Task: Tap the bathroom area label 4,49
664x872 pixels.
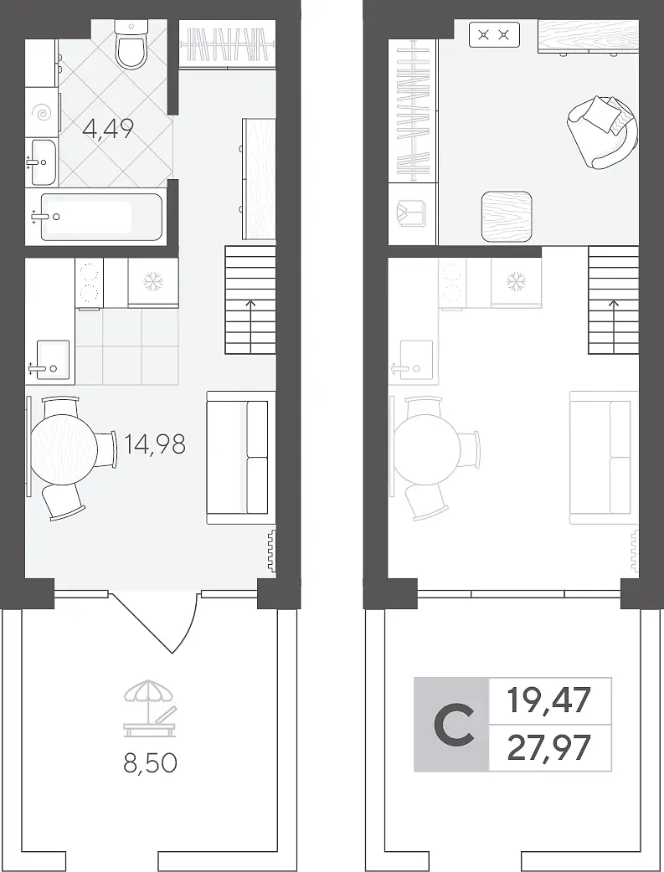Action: point(108,129)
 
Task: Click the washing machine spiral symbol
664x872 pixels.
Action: point(42,113)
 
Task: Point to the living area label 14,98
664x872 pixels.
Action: point(155,444)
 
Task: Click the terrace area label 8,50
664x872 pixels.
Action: point(150,763)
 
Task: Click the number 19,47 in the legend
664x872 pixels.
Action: point(548,700)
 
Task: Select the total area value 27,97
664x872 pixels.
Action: point(548,747)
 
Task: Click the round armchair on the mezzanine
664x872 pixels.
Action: point(604,131)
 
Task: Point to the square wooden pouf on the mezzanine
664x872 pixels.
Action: point(507,217)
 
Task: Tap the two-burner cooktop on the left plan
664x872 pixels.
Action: point(89,284)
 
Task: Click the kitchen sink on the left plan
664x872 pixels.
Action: point(53,360)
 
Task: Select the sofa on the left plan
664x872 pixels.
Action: point(241,458)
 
